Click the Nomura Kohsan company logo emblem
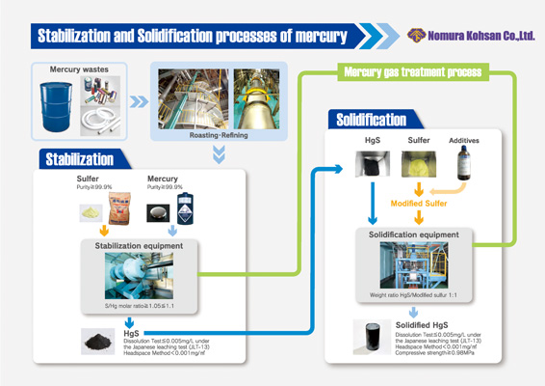point(417,36)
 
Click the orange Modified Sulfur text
point(417,205)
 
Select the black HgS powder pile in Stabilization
point(97,340)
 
